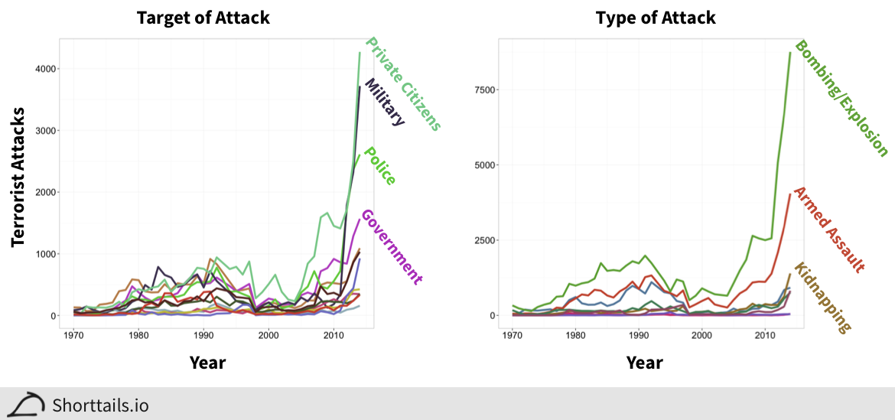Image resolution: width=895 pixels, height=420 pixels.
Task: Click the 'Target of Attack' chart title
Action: click(203, 18)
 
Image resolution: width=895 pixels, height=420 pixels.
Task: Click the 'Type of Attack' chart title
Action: click(656, 18)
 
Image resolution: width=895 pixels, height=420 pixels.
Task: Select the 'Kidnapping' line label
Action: click(822, 298)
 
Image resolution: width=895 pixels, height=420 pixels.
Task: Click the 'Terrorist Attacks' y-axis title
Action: click(18, 177)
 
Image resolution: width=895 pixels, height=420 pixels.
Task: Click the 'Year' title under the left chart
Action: click(207, 362)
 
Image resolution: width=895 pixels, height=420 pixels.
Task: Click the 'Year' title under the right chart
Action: click(644, 362)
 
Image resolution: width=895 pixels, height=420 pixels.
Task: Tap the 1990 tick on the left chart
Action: click(203, 335)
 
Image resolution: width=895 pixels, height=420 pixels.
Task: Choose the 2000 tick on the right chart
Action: click(702, 335)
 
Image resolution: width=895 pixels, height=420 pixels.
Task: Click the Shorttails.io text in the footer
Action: click(100, 405)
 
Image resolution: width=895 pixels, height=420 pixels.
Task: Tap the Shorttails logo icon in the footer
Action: click(29, 405)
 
